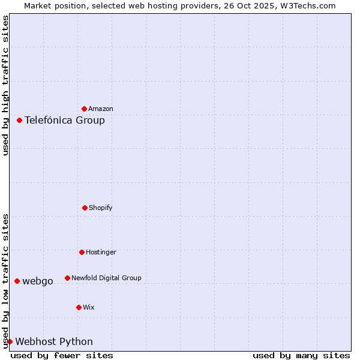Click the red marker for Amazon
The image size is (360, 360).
(x=85, y=109)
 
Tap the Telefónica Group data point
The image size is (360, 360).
(x=19, y=120)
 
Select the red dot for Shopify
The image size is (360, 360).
(x=85, y=208)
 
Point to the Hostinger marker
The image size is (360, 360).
(x=82, y=252)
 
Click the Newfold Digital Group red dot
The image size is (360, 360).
(x=67, y=278)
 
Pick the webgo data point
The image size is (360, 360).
(x=17, y=281)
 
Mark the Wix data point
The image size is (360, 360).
(x=79, y=307)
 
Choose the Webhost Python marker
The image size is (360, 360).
(x=10, y=341)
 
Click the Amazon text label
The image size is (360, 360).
(x=101, y=109)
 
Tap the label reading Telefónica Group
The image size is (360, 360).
(x=65, y=120)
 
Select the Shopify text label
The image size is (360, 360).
(x=101, y=208)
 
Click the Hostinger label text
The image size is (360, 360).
(x=101, y=253)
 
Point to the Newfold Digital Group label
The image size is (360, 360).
(x=106, y=278)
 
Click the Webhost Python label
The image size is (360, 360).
(x=54, y=342)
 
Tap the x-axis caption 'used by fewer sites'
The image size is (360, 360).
(x=62, y=355)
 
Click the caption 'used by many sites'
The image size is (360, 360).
(x=301, y=355)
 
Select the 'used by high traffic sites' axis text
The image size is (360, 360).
(x=5, y=85)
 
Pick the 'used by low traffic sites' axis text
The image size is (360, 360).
(x=5, y=281)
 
